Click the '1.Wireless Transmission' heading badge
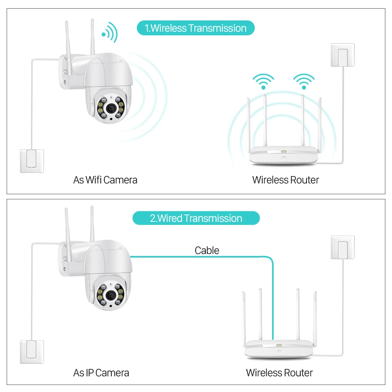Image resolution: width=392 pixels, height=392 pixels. (196, 28)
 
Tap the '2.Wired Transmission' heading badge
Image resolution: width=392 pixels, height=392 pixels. (196, 218)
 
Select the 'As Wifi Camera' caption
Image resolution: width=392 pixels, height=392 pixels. (105, 180)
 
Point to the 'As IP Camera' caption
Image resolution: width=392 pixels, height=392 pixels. (101, 372)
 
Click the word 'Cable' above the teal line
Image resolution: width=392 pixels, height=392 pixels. (207, 250)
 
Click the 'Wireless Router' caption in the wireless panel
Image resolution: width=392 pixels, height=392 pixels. (285, 180)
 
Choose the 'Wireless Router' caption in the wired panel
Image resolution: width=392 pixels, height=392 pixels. (279, 372)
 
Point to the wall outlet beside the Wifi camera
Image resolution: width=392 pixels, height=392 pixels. (32, 161)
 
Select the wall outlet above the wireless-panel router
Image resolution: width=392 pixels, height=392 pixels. (343, 55)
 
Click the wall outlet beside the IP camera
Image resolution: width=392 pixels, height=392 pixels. (32, 352)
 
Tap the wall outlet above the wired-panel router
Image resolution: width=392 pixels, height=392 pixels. (343, 247)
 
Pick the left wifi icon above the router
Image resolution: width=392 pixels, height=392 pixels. (263, 81)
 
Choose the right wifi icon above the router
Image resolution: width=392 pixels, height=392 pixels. (304, 81)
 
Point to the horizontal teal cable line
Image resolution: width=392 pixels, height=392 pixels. (196, 257)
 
